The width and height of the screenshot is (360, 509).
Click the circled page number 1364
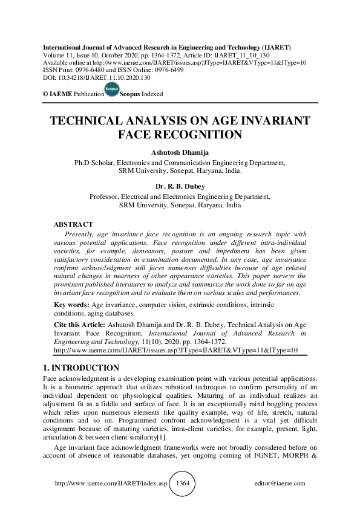click(x=183, y=484)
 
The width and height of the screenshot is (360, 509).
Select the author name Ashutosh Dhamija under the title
click(x=180, y=153)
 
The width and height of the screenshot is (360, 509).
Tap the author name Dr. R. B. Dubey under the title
click(x=180, y=187)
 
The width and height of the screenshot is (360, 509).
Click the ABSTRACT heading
click(x=74, y=224)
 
